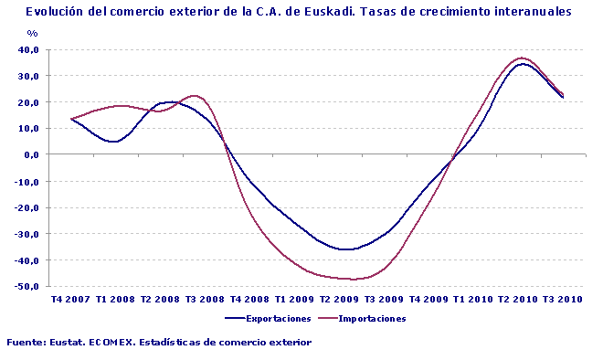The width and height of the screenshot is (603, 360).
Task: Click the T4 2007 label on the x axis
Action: [x=70, y=300]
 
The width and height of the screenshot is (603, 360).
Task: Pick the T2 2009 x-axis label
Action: [x=340, y=300]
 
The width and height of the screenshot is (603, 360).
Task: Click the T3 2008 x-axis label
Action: [x=205, y=300]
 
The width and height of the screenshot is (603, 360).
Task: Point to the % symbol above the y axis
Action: [x=33, y=33]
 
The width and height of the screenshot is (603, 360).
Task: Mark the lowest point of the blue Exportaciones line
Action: [x=346, y=249]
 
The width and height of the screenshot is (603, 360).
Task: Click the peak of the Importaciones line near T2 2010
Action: [x=522, y=58]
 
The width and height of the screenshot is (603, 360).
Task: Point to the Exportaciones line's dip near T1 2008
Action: [x=112, y=142]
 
